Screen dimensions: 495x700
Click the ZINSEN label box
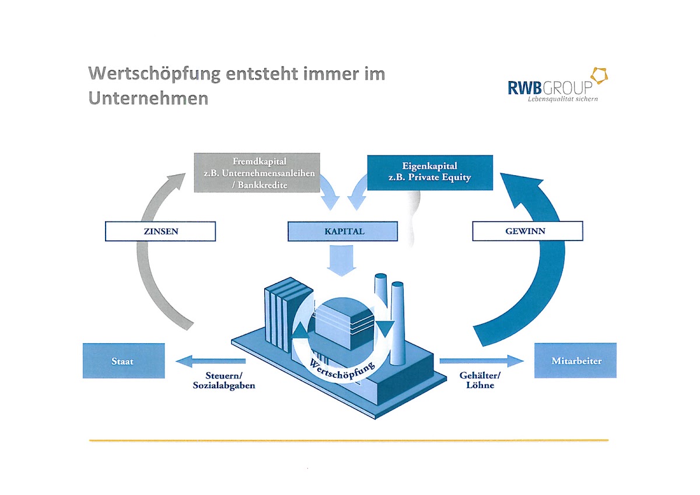click(x=160, y=231)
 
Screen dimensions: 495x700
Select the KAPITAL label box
click(x=343, y=231)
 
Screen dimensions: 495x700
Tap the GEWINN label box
click(x=527, y=231)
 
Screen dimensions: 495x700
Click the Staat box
click(x=123, y=361)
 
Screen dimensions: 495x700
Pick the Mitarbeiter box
click(x=575, y=361)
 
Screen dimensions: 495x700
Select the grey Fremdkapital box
click(x=257, y=173)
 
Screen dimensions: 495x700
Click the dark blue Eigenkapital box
click(x=429, y=173)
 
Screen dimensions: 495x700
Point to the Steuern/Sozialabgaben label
click(x=224, y=380)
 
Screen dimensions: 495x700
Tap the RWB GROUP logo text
click(x=549, y=88)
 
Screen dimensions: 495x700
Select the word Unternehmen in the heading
click(x=148, y=97)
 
